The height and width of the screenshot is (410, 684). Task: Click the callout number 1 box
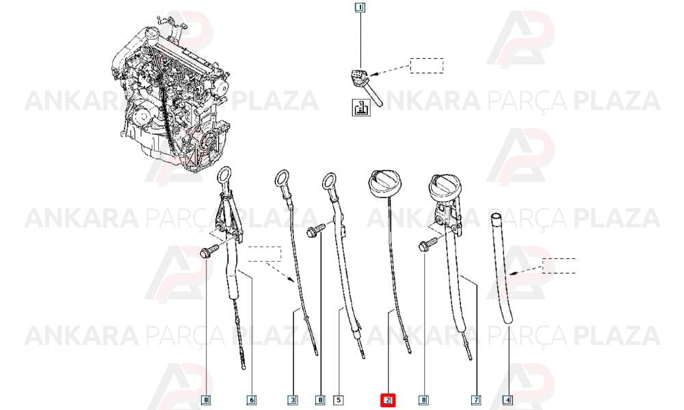[360, 8]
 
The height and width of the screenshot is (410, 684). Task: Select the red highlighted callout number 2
[388, 400]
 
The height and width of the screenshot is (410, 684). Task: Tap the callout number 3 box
[293, 400]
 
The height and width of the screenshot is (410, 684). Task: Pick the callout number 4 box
[507, 400]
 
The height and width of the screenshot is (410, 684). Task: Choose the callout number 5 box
[339, 400]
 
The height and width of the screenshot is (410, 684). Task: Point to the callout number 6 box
[251, 400]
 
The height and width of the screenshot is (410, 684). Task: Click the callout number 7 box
[476, 400]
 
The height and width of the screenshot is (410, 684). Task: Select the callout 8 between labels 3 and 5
[320, 400]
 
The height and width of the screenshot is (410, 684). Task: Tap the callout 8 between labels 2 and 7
[423, 400]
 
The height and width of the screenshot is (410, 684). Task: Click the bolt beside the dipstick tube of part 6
[209, 251]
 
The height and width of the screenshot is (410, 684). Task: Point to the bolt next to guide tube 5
[316, 230]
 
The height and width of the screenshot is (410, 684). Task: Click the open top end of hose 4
[496, 215]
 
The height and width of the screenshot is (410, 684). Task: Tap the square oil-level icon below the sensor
[361, 107]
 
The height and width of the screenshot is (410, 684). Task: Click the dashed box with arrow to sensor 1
[427, 66]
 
